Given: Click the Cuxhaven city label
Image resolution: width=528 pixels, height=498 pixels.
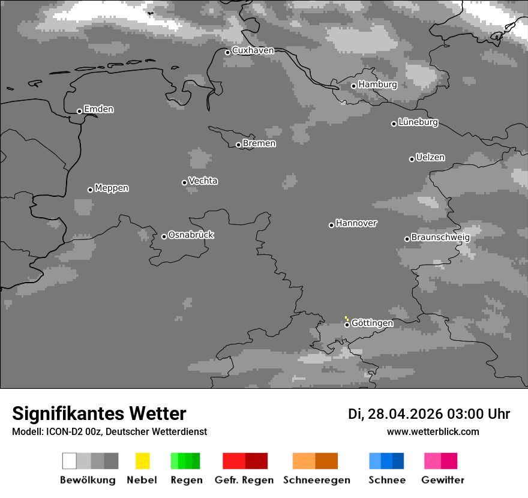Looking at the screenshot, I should point(253,50).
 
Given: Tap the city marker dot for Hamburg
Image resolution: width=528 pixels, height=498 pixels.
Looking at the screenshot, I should point(353,86).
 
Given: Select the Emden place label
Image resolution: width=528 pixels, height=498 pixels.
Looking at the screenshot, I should point(98,109).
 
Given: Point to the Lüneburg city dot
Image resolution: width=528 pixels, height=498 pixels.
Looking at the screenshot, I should point(394,124).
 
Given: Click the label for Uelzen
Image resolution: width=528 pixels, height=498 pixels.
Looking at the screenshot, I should point(430,157).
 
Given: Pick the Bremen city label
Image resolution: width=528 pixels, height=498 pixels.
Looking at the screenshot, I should point(259,143).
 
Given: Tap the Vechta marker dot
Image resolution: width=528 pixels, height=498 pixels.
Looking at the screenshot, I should point(184,182).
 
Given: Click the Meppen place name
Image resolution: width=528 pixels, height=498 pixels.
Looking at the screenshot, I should point(112,188).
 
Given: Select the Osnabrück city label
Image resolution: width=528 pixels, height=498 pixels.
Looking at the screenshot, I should point(191,235).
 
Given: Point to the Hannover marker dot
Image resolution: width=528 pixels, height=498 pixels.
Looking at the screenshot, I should point(331,225).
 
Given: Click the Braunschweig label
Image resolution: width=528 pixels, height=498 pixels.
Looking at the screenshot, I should point(440,237).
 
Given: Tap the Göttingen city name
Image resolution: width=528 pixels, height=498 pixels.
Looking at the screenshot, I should point(372,323).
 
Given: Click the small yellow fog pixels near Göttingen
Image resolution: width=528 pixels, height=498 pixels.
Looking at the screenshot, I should point(346,318).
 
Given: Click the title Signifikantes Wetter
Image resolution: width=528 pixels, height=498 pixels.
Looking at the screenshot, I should point(99,413).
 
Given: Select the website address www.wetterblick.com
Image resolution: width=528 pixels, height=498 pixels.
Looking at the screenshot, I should point(433,431).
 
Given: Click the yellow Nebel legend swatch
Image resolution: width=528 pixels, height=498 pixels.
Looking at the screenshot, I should point(142,461).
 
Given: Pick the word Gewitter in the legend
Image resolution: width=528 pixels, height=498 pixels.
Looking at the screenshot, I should point(442,480).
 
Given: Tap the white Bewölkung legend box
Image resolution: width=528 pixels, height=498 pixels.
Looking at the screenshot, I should point(69,461).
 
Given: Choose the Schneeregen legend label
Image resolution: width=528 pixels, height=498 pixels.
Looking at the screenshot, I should point(316,480).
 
